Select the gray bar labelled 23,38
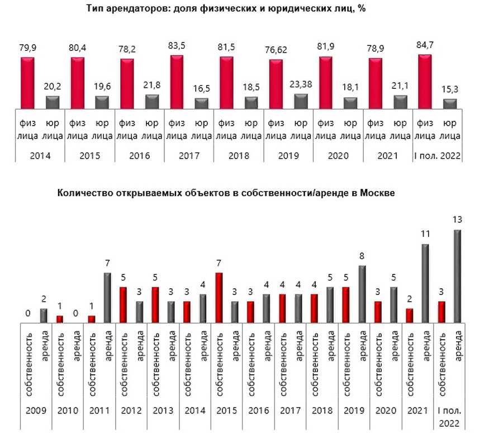[x=301, y=101]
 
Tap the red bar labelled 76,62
[x=276, y=84]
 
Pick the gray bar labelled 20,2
[x=53, y=102]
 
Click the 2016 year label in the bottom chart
[x=259, y=410]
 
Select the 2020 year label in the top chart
[x=338, y=156]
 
